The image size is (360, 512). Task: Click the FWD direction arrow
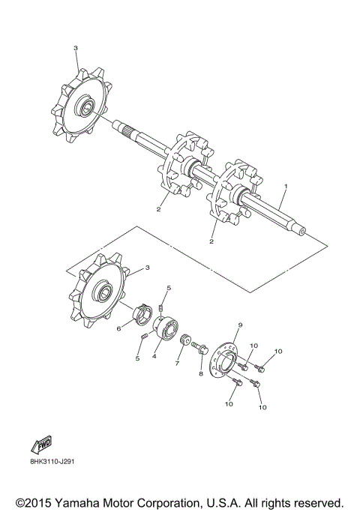[x=41, y=445]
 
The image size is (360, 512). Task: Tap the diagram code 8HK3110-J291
[x=52, y=462]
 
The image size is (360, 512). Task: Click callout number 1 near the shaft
[x=286, y=186]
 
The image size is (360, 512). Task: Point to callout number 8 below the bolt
[x=201, y=373]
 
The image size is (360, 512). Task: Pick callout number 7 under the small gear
[x=177, y=363]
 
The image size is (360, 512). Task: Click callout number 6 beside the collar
[x=118, y=328]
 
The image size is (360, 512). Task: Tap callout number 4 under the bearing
[x=154, y=356]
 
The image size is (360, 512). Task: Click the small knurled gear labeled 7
[x=185, y=341]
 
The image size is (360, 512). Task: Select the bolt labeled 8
[x=199, y=347]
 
